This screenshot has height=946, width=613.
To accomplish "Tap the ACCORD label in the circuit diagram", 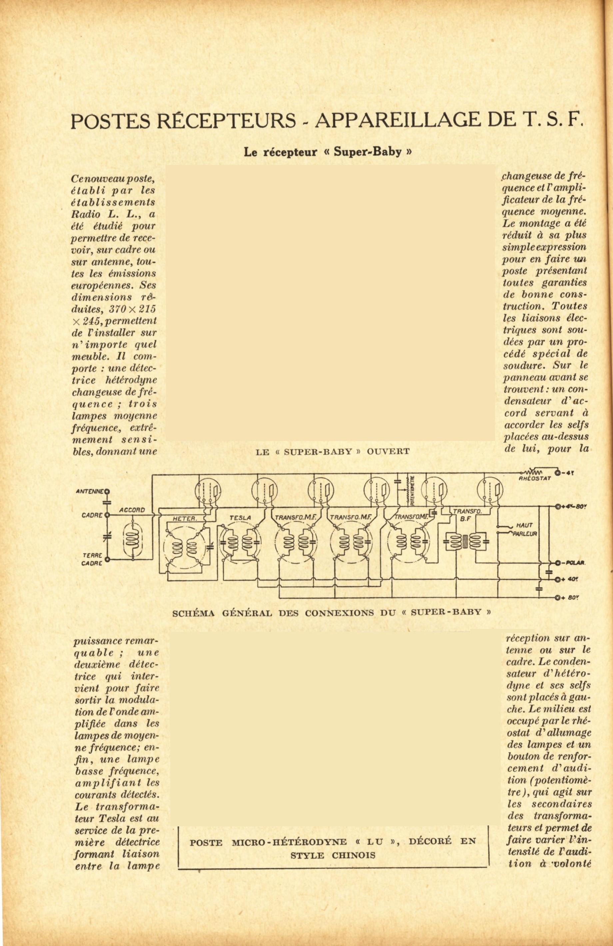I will pyautogui.click(x=132, y=510).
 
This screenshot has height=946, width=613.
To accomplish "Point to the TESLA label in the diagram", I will pyautogui.click(x=240, y=518).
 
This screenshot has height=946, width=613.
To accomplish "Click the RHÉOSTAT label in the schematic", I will pyautogui.click(x=534, y=478).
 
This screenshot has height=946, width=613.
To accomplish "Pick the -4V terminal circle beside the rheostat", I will pyautogui.click(x=557, y=473).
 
